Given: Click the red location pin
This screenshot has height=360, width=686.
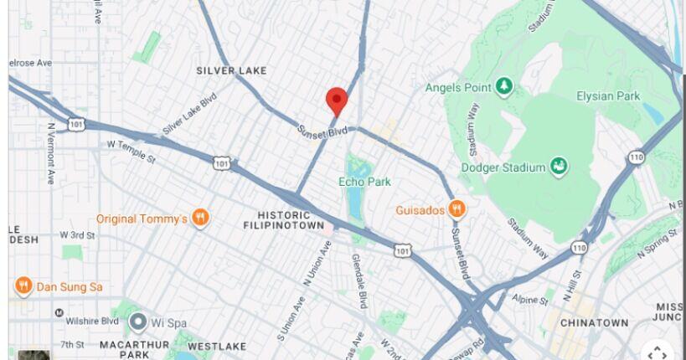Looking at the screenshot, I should point(337,100).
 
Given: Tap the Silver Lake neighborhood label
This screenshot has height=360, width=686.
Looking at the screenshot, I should point(231,71).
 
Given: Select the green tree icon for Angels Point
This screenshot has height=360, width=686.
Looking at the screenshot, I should point(503,85).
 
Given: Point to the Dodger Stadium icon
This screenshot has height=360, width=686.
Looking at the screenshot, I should point(559,167).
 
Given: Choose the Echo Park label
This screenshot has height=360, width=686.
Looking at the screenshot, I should point(364,182).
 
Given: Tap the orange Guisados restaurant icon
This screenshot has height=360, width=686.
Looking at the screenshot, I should point(456,209).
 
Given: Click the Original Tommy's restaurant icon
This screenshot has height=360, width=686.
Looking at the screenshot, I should point(200,219).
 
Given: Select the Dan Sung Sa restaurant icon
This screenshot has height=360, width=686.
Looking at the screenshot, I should point(23,286).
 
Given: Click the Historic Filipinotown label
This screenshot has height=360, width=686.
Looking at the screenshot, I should point(284,219).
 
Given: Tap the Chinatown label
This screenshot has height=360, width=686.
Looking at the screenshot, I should point(594,323).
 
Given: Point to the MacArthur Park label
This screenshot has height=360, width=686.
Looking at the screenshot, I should point(135,349).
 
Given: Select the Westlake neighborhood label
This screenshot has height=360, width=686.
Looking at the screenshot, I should point(216,346).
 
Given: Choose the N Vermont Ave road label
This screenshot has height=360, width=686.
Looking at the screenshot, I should point(51,153).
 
